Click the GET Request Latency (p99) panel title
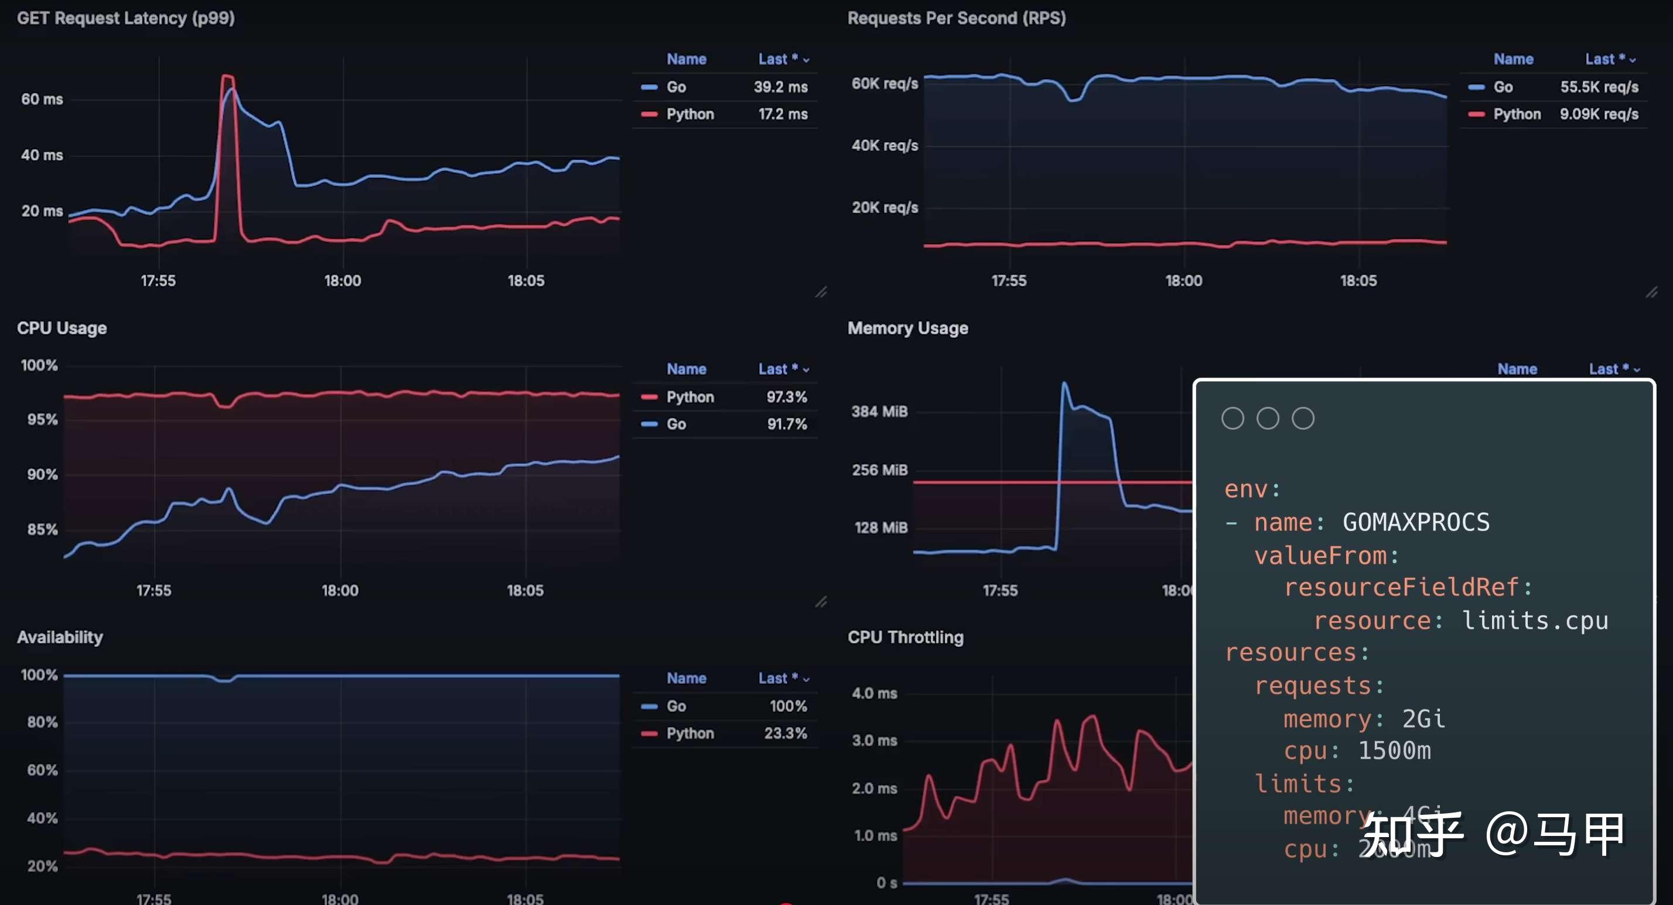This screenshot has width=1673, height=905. tap(125, 18)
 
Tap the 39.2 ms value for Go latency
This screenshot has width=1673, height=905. tap(780, 87)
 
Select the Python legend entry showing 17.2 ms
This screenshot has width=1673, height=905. tap(689, 114)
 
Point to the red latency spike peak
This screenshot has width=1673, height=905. tap(227, 77)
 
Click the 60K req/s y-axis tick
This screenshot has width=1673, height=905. tap(884, 84)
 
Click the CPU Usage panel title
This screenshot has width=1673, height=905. tap(62, 328)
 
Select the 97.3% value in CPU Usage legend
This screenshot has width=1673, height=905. tap(786, 397)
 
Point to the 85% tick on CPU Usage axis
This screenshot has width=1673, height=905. tap(42, 529)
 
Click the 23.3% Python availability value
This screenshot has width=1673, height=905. tap(784, 733)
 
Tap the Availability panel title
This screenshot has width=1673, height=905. tap(60, 637)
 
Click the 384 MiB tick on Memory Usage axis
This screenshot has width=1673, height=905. tap(879, 412)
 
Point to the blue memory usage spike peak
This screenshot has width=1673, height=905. tap(1064, 383)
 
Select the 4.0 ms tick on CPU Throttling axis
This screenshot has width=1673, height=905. tap(873, 693)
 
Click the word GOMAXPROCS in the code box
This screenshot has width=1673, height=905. tap(1415, 522)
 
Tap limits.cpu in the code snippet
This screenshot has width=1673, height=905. tap(1534, 621)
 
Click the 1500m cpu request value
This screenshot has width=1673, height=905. tap(1394, 750)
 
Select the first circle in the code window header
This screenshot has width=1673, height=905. tap(1232, 418)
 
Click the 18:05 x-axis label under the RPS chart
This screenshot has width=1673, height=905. tap(1357, 280)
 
